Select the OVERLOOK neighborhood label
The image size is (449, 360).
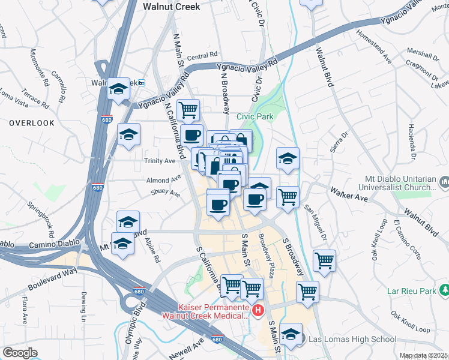(32, 123)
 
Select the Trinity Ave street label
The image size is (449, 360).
(160, 161)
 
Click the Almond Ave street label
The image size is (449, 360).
(163, 179)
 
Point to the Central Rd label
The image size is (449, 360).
(202, 56)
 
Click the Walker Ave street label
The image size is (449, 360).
(348, 193)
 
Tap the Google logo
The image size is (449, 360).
(20, 353)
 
